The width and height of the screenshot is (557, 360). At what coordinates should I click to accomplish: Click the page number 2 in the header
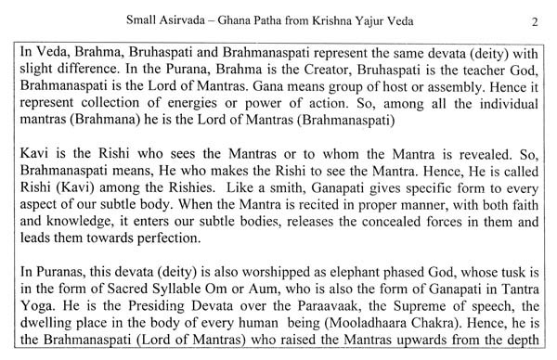coord(545,19)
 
